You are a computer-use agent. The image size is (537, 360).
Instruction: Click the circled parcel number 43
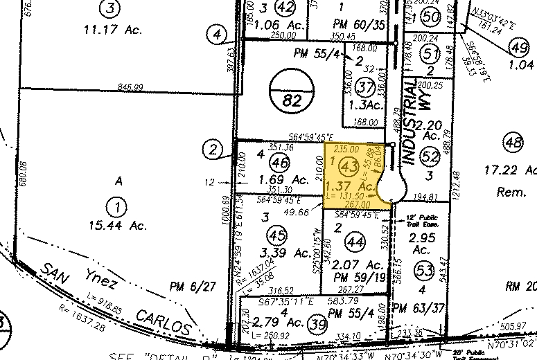tap(349, 166)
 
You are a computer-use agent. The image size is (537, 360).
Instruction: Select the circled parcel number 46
tap(279, 163)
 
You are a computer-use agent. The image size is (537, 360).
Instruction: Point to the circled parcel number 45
tap(281, 233)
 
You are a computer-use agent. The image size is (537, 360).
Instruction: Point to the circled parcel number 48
tap(513, 143)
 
